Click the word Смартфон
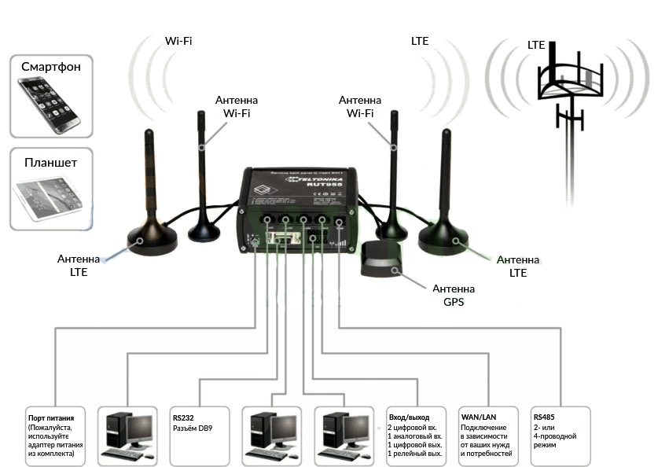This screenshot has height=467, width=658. (51, 67)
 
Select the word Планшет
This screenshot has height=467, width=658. (51, 163)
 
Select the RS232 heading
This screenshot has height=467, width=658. (184, 417)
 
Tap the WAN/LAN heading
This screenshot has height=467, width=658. (478, 417)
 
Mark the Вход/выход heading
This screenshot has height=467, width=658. (409, 417)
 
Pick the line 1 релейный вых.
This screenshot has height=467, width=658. (415, 454)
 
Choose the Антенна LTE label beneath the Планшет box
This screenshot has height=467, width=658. (78, 265)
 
